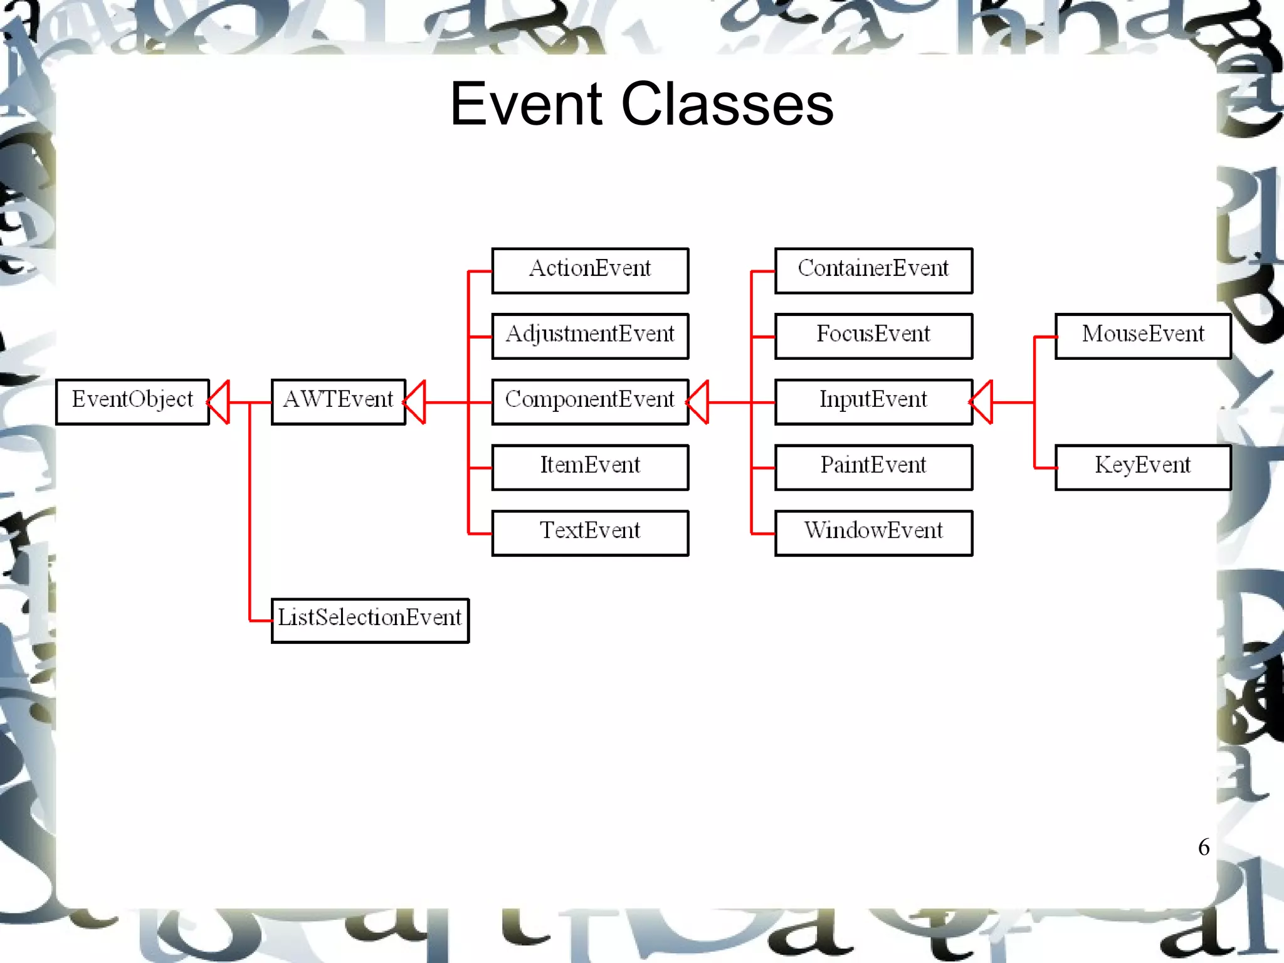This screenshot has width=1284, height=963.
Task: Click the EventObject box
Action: pos(132,402)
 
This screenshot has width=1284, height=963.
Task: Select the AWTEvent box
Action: pos(338,402)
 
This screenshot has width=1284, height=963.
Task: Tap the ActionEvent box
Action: pos(590,271)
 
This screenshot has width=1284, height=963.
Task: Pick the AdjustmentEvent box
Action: pos(590,336)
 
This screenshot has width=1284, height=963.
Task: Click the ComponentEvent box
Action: pos(590,402)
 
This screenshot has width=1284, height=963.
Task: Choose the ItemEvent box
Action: pos(590,467)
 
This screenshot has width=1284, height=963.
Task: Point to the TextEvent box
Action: pos(590,533)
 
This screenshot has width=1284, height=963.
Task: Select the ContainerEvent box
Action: pos(873,271)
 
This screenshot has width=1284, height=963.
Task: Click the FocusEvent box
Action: pos(873,336)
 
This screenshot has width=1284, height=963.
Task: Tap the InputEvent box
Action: pos(873,402)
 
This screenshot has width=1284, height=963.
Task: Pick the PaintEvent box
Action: pos(873,467)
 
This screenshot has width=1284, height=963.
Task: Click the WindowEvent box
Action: pos(873,533)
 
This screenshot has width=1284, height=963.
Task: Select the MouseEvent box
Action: pos(1142,336)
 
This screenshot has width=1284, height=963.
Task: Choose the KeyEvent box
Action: pos(1142,467)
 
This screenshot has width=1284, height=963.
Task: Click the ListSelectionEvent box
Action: pos(370,620)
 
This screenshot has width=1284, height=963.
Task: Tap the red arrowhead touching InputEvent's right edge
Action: pos(982,402)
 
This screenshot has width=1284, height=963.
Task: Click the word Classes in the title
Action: pos(727,105)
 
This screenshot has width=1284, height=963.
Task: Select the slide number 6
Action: pos(1203,847)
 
